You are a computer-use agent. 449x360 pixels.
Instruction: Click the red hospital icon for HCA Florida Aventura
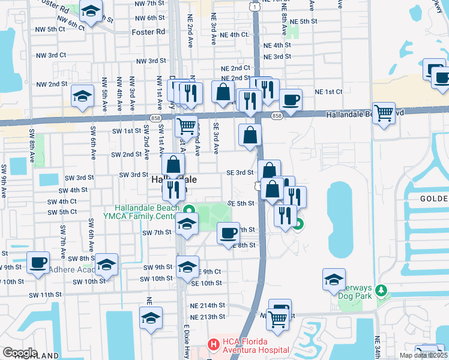212,344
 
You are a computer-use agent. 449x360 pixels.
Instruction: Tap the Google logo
20,353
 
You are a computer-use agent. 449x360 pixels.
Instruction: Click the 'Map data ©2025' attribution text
423,355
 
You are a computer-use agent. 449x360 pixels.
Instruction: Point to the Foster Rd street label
148,32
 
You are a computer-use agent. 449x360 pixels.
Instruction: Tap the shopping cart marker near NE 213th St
277,319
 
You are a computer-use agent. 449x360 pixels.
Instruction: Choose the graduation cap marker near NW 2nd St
82,95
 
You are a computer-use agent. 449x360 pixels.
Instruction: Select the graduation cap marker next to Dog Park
334,280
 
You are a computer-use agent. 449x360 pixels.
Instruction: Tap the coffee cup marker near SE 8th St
228,232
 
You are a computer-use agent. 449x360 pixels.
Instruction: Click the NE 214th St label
208,305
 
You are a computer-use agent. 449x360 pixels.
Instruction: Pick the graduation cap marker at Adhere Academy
106,264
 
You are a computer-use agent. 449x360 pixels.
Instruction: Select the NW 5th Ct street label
50,29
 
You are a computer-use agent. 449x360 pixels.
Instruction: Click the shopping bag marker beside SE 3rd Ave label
223,92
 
